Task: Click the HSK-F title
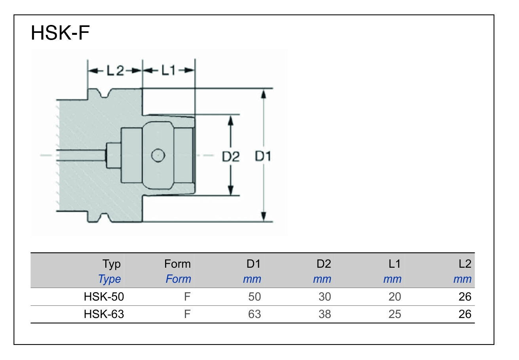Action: (60, 33)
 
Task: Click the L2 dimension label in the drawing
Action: (115, 70)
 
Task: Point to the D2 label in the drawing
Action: (231, 157)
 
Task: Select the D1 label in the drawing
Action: (263, 157)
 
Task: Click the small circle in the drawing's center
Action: (158, 155)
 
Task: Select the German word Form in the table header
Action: (177, 264)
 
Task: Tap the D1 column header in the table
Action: (254, 264)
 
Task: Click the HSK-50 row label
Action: (104, 297)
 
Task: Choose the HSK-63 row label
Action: (104, 314)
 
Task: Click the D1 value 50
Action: (254, 297)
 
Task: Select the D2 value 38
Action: (325, 314)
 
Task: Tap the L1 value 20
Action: (395, 297)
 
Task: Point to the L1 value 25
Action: (395, 314)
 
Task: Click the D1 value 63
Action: (254, 314)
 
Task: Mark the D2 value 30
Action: (325, 297)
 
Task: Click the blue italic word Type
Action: (110, 279)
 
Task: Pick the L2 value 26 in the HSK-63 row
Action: (465, 314)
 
